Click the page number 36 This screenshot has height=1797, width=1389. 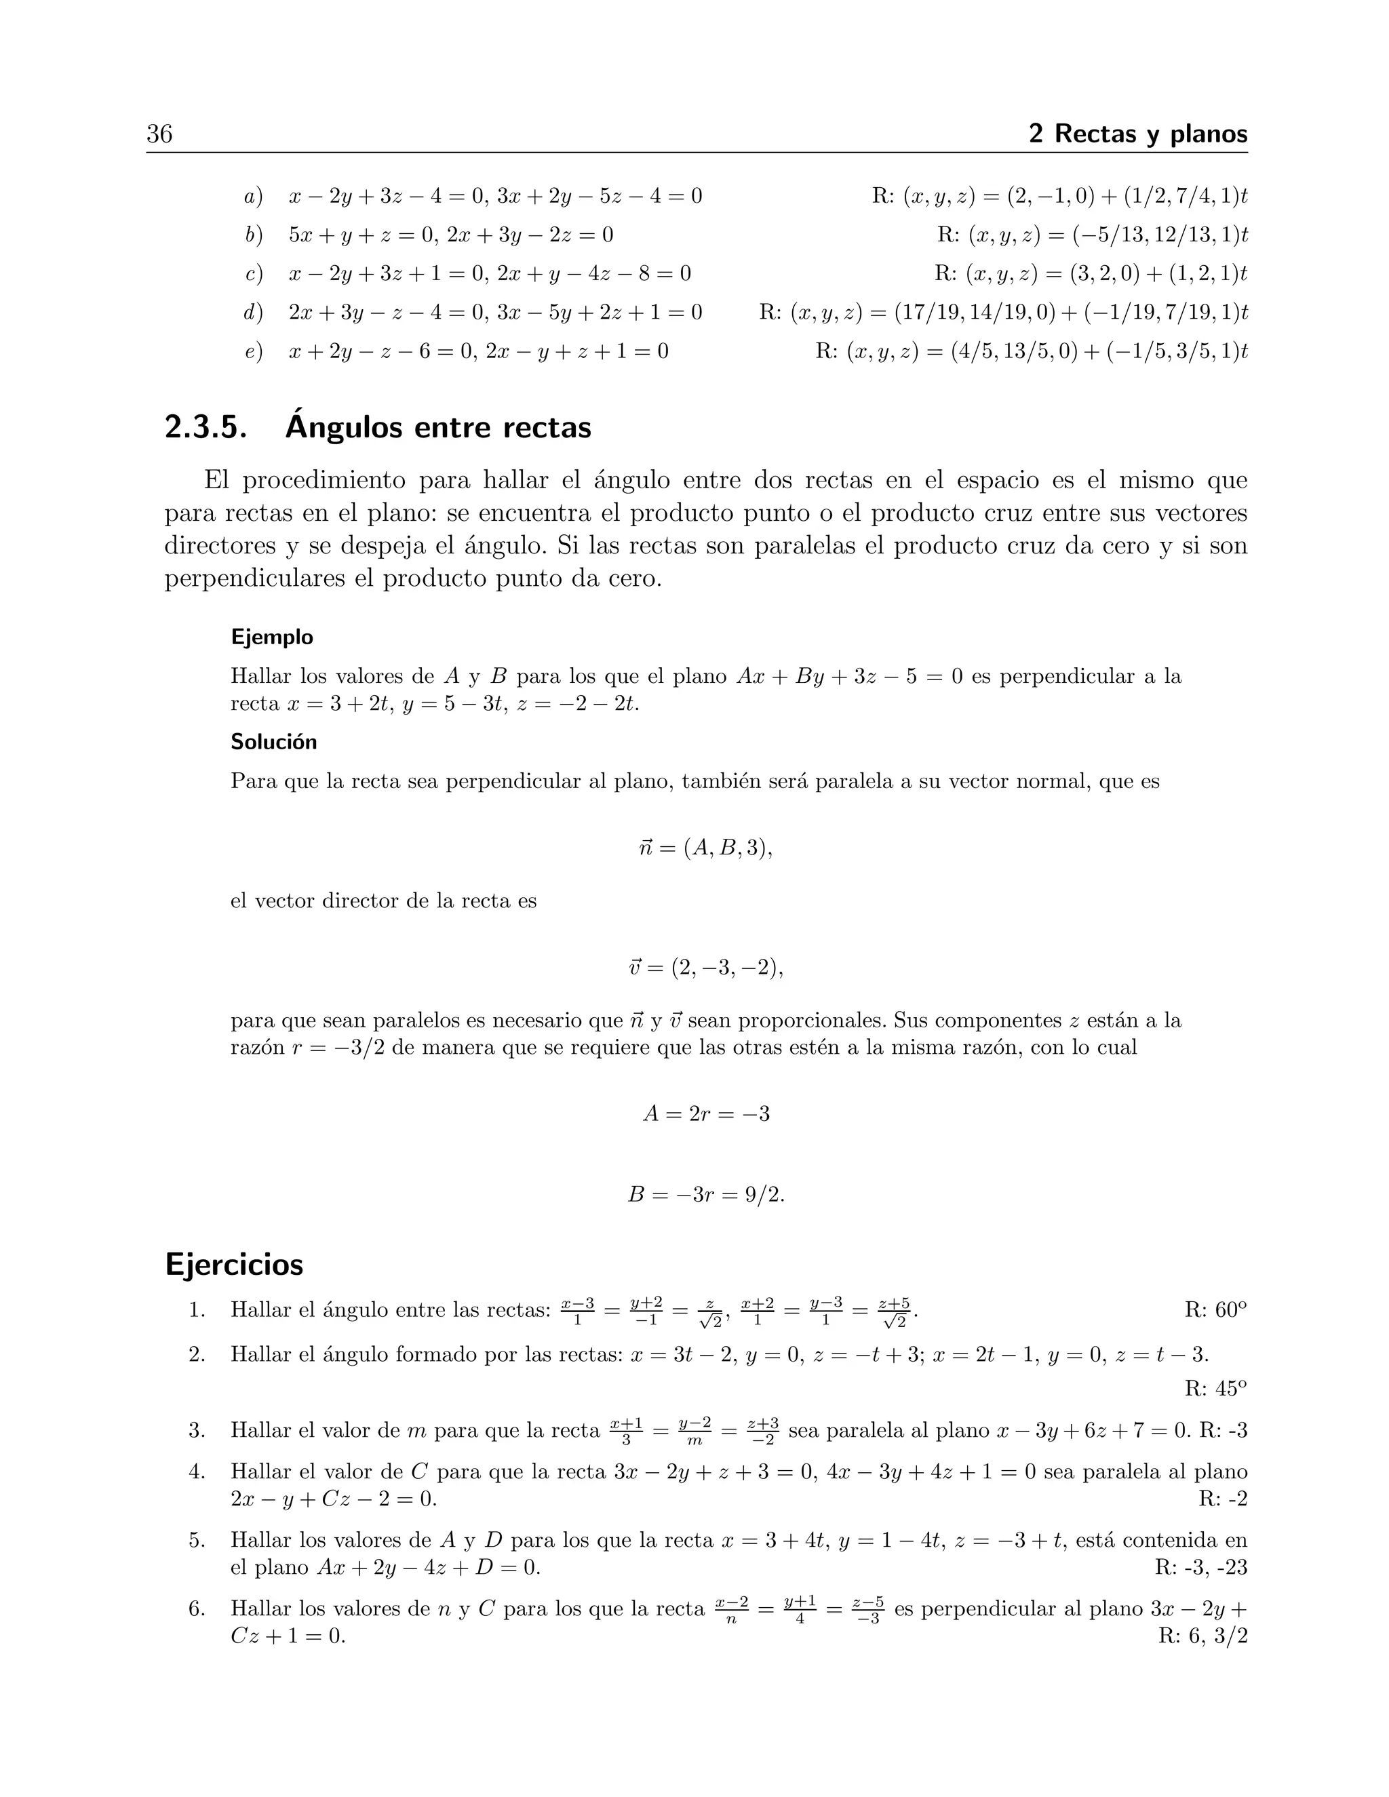[x=159, y=134]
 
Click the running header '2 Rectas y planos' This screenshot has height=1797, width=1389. [x=1138, y=134]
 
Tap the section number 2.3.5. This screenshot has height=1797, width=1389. [x=206, y=429]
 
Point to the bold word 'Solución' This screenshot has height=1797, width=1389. [x=273, y=741]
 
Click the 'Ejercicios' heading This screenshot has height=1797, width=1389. [x=235, y=1264]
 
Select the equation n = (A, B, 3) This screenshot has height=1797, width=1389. [x=705, y=848]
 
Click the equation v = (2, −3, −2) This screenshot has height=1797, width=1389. [x=705, y=968]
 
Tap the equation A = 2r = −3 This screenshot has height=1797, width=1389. [x=706, y=1114]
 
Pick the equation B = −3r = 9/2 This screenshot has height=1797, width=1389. [x=706, y=1194]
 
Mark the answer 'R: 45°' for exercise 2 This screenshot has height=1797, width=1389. [x=1215, y=1389]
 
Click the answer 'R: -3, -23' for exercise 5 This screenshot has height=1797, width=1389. [x=1200, y=1567]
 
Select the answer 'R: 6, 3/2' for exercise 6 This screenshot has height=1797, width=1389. [x=1202, y=1636]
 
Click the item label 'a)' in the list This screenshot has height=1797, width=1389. [x=254, y=197]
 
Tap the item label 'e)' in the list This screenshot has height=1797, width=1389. [x=254, y=352]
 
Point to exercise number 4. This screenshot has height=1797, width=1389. [x=197, y=1472]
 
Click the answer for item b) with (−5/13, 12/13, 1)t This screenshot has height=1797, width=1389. [x=1092, y=235]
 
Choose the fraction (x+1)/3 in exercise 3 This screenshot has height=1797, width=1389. [x=626, y=1431]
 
